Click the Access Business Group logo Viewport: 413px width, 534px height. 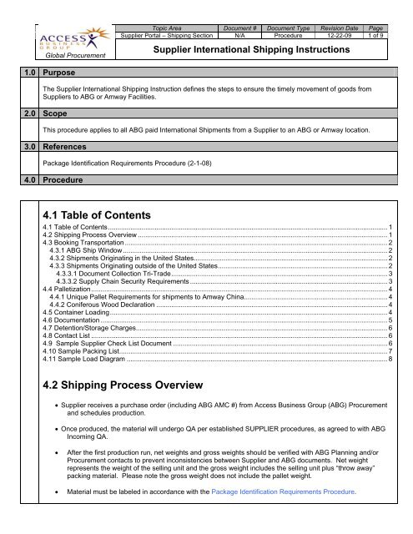click(71, 39)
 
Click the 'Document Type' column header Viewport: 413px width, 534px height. click(300, 27)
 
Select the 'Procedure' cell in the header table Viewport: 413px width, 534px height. click(300, 35)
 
